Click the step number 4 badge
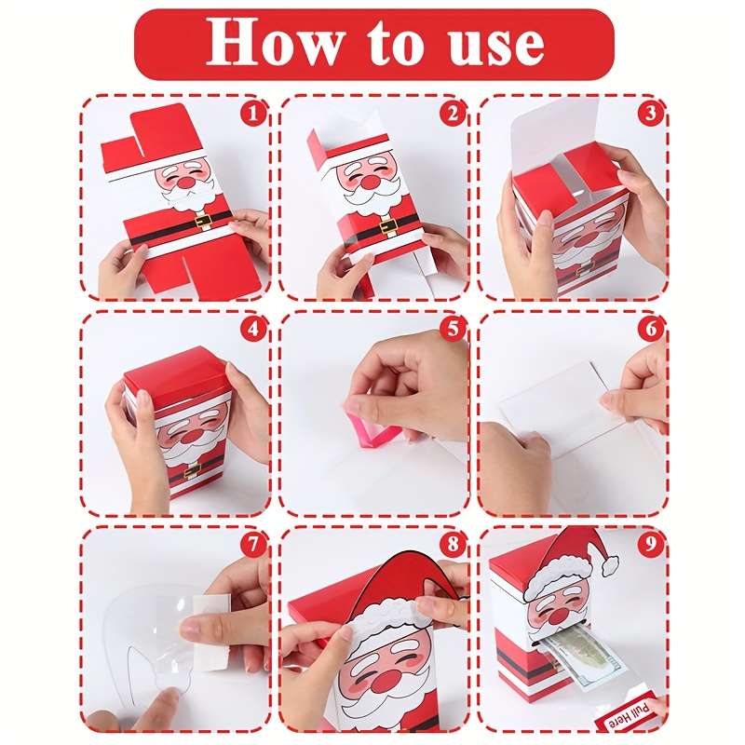[x=251, y=330]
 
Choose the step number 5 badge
[x=452, y=330]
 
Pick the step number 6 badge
[x=652, y=330]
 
